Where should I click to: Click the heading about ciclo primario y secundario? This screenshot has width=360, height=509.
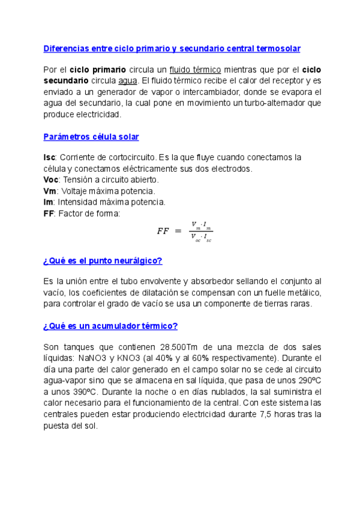pos(172,48)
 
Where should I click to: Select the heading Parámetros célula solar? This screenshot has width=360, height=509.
pos(91,137)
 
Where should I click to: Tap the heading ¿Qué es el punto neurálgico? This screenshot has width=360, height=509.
pos(103,261)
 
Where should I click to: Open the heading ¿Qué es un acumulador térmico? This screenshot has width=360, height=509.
pos(110,326)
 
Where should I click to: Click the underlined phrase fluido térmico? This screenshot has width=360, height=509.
pos(196,70)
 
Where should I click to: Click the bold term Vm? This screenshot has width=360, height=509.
pos(51,191)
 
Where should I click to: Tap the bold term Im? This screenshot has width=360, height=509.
pos(49,202)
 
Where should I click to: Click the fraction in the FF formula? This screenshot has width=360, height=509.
pos(201,232)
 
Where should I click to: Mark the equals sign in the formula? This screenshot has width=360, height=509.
pos(178,232)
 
